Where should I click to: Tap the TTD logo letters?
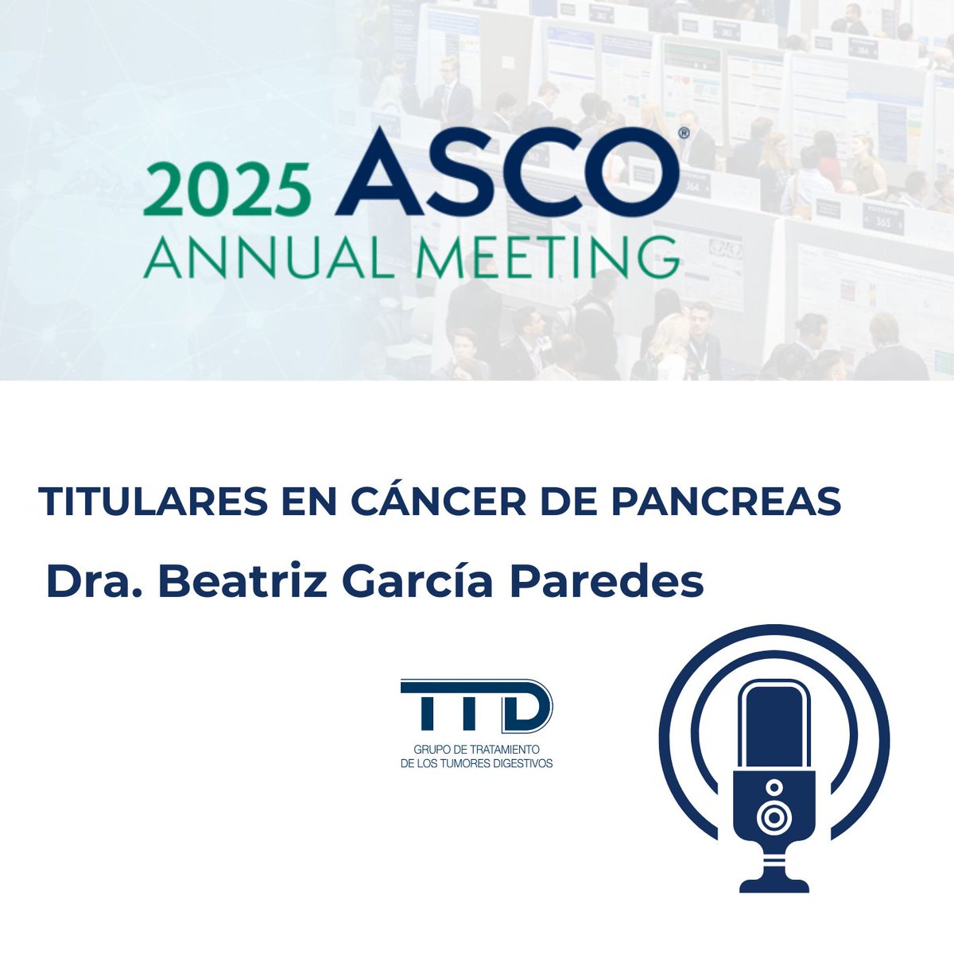(x=476, y=706)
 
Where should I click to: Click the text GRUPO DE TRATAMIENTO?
(x=476, y=750)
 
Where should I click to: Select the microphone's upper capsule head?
(x=774, y=723)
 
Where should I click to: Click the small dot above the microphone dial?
(x=774, y=786)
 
